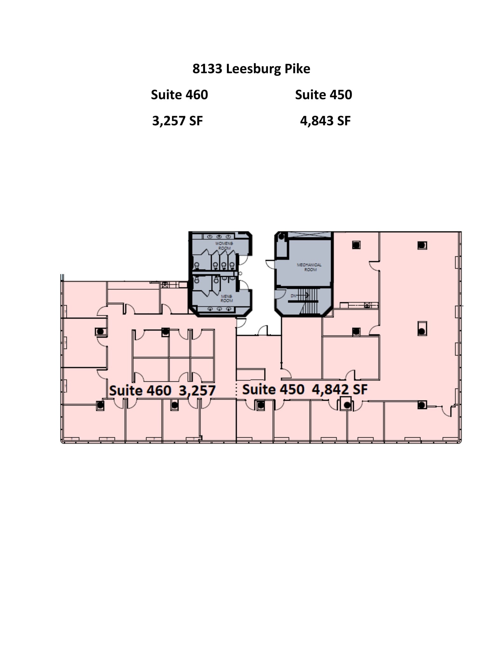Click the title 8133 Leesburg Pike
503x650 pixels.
pyautogui.click(x=251, y=69)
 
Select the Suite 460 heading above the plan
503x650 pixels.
pyautogui.click(x=179, y=95)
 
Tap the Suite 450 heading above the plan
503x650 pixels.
pyautogui.click(x=323, y=95)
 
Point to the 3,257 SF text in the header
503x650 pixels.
pyautogui.click(x=177, y=121)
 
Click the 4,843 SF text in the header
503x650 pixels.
pyautogui.click(x=325, y=121)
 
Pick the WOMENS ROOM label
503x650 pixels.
pyautogui.click(x=224, y=246)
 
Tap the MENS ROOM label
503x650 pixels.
pyautogui.click(x=227, y=298)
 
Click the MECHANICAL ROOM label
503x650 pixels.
pyautogui.click(x=309, y=267)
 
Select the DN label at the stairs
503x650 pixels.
pyautogui.click(x=293, y=295)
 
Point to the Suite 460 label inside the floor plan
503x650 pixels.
pyautogui.click(x=140, y=390)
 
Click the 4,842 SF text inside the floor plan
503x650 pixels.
pyautogui.click(x=339, y=389)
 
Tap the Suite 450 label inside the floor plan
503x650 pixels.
pyautogui.click(x=273, y=389)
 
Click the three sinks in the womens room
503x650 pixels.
pyautogui.click(x=219, y=237)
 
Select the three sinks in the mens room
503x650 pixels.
pyautogui.click(x=219, y=309)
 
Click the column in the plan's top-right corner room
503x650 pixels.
pyautogui.click(x=422, y=245)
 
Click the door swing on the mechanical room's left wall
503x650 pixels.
pyautogui.click(x=270, y=264)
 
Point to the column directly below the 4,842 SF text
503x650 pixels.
pyautogui.click(x=347, y=405)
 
